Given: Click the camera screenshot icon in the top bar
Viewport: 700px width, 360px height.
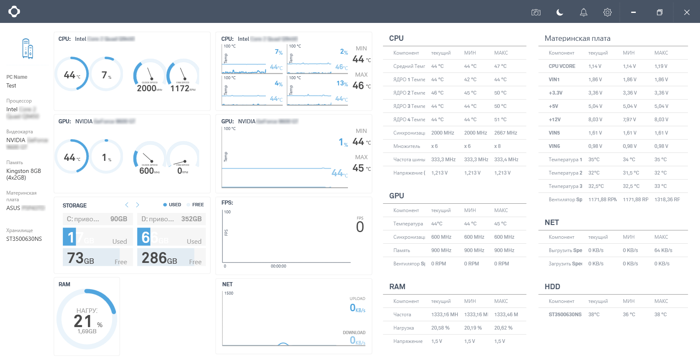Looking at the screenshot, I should point(536,12).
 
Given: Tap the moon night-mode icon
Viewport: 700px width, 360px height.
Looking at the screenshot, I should point(560,12).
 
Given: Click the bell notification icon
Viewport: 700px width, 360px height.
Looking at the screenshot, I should point(583,12).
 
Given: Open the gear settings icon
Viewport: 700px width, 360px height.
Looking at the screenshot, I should point(607,12).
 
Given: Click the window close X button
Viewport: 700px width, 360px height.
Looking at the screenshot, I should point(687,12).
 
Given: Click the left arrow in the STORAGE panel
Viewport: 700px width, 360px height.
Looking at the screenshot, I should point(127,205).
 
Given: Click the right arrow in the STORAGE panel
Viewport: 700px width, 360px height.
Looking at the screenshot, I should point(137,205).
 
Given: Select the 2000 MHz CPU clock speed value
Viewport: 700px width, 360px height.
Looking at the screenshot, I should point(147,88).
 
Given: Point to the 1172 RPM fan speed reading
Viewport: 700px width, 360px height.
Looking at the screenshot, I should point(180,88).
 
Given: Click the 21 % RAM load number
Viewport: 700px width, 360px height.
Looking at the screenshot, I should point(83,321).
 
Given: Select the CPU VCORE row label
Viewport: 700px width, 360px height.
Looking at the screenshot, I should point(562,66).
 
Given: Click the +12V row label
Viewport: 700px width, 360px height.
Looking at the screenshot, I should point(555,120).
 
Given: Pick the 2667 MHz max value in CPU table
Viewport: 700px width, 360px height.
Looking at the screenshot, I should point(505,133).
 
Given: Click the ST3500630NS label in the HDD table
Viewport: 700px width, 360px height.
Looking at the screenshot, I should point(565,315).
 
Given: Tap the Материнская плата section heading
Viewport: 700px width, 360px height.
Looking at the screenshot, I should point(577,38).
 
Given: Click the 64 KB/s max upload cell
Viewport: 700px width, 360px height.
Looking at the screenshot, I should point(663,250).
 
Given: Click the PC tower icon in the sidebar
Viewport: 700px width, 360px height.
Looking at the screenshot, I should point(27,48).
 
